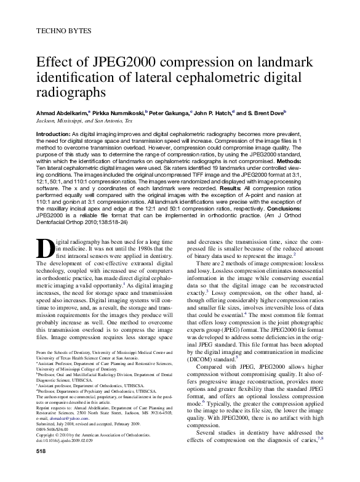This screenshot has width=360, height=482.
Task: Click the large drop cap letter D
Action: point(46,247)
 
